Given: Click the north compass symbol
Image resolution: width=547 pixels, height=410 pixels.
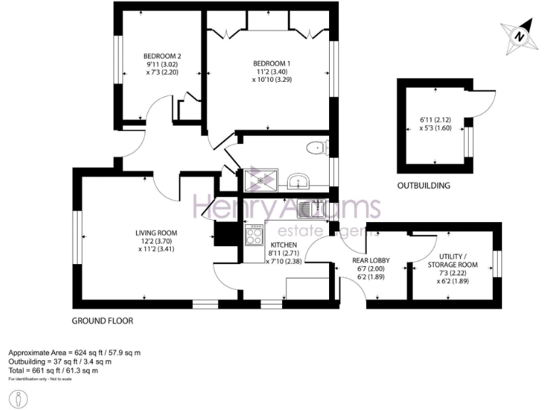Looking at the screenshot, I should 519,36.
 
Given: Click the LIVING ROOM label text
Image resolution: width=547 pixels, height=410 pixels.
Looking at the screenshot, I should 157,233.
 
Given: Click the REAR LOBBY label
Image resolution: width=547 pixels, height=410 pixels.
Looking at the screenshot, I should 370,261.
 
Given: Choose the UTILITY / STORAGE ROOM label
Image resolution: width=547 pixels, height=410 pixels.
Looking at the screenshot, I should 453,261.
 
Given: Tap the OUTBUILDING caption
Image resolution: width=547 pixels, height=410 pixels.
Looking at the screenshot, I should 424,186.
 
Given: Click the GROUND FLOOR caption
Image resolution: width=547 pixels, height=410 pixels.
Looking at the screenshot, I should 102,321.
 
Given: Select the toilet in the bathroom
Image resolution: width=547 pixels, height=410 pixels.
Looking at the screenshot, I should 316,148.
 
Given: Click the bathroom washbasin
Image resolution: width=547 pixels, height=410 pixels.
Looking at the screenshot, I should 298,180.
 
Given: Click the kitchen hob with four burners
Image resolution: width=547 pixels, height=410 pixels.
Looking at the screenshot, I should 254,235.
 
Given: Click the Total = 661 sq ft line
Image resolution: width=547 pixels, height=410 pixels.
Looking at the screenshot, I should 53,371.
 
